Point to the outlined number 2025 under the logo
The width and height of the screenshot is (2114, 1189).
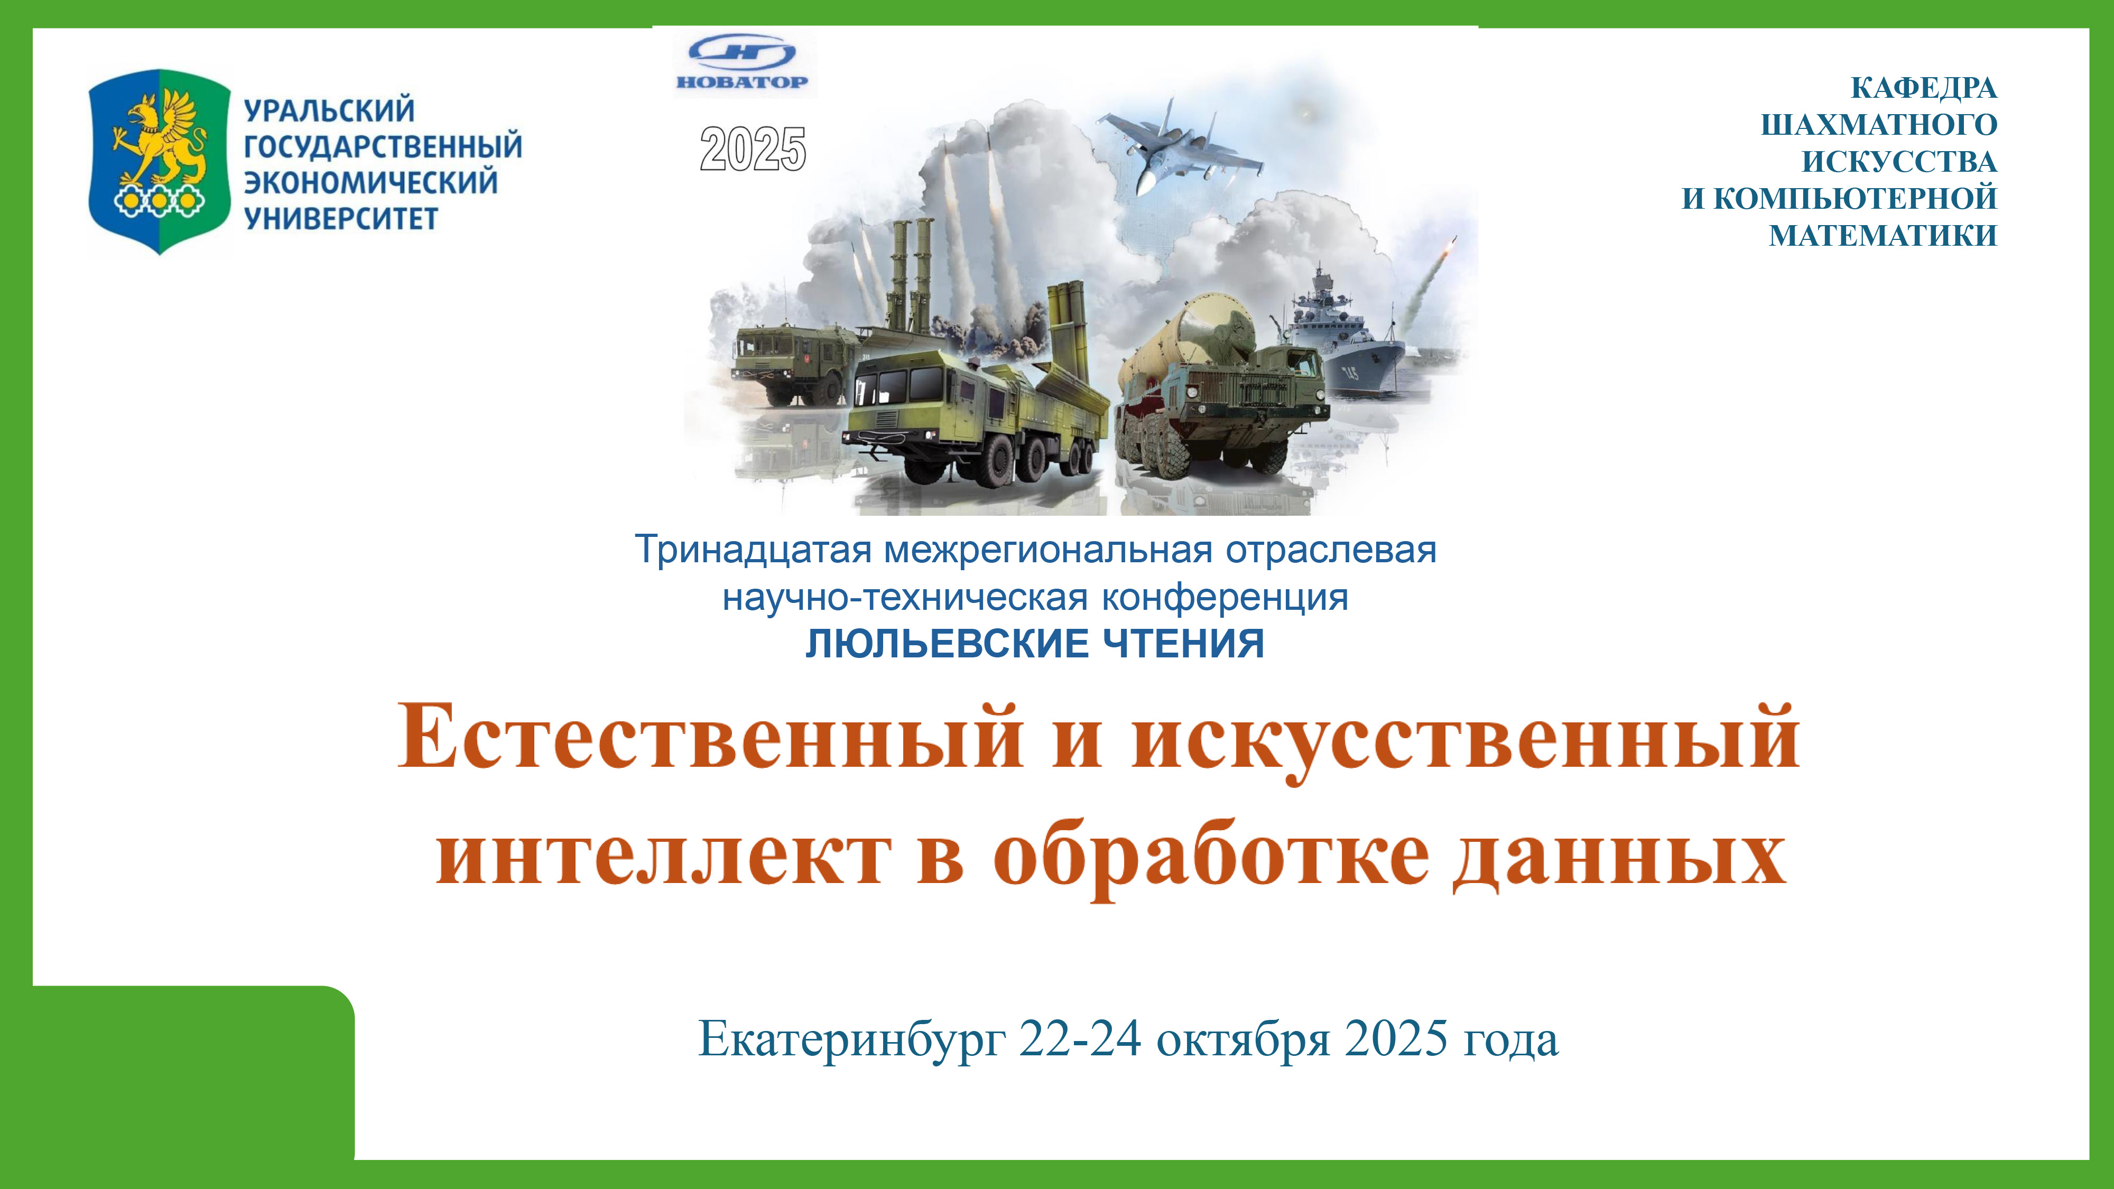753,150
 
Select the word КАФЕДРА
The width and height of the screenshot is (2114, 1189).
1924,88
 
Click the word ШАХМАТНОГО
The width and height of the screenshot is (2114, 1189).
1879,125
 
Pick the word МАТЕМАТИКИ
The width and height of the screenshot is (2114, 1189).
1883,236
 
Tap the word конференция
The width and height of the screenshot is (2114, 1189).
1225,598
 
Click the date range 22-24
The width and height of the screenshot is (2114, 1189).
1080,1039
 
